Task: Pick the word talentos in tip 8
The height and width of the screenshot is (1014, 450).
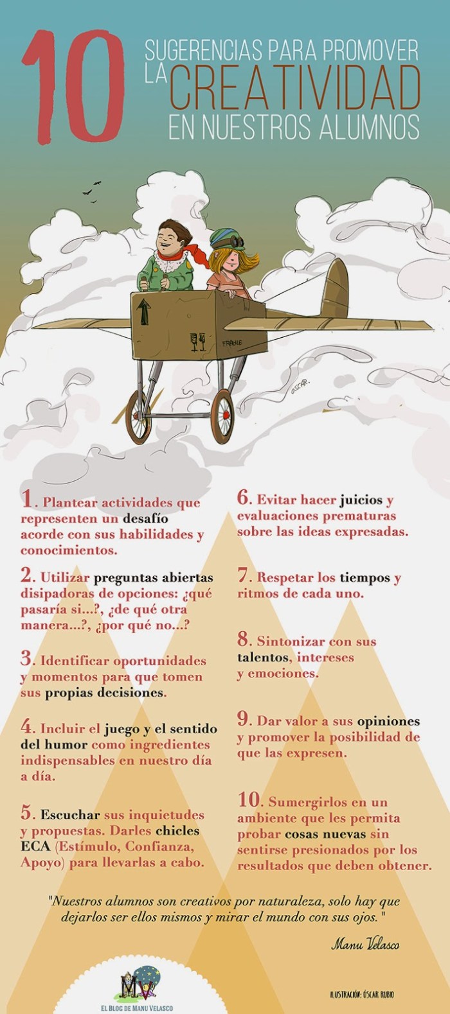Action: [x=263, y=658]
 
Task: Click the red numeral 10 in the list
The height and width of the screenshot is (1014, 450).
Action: [x=248, y=800]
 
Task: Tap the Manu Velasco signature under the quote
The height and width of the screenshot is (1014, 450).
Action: [x=365, y=944]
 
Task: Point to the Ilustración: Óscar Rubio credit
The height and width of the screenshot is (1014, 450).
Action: [x=360, y=995]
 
